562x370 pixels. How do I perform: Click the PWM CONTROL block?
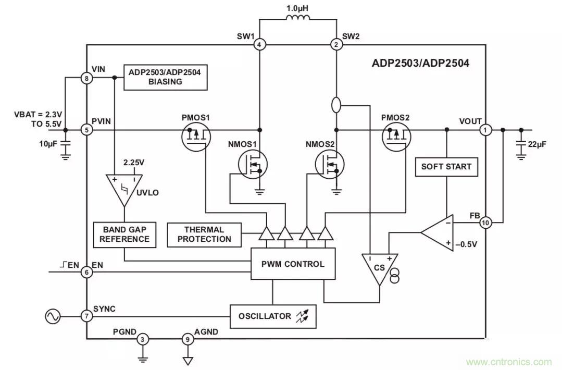coord(293,264)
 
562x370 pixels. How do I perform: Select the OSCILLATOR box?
coord(272,316)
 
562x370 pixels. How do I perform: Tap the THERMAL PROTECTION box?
coord(205,235)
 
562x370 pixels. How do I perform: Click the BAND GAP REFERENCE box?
coord(124,235)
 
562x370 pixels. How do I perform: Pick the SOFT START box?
coord(446,167)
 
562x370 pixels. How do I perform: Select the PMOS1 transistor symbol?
coord(195,138)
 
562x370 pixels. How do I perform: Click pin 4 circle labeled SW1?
coord(259,45)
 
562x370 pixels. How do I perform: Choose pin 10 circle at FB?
coord(485,223)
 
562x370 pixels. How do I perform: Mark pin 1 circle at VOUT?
coord(485,130)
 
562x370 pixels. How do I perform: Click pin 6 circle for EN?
coord(86,272)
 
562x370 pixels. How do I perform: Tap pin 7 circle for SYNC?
coord(86,316)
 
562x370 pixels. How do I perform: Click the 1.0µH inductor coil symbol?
coord(298,19)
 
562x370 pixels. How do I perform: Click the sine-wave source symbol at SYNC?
coord(53,316)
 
